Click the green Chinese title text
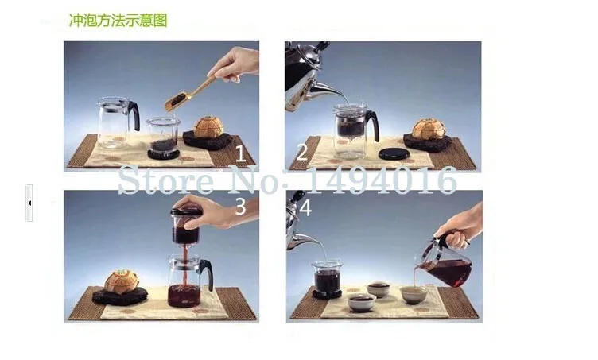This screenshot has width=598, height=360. [118, 20]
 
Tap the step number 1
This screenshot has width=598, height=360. [240, 153]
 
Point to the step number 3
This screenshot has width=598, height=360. [241, 206]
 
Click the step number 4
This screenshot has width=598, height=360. [305, 208]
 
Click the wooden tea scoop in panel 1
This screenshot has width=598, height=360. [187, 95]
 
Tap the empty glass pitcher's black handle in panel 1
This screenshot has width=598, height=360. [134, 114]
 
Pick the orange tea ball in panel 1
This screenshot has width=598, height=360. [208, 127]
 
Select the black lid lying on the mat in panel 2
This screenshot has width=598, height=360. [394, 154]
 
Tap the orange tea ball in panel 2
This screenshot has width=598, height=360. [429, 129]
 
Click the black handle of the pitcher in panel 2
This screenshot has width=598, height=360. [372, 125]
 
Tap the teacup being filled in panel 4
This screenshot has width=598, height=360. [414, 295]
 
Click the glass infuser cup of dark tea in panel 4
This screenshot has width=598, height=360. [327, 279]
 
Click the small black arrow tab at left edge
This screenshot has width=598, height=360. [29, 203]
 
